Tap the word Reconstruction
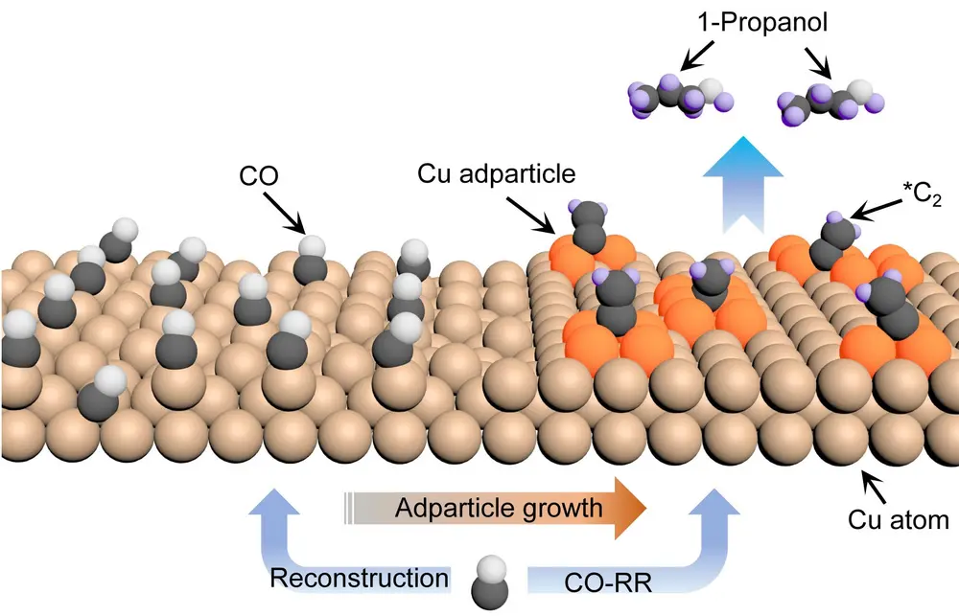pos(359,579)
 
